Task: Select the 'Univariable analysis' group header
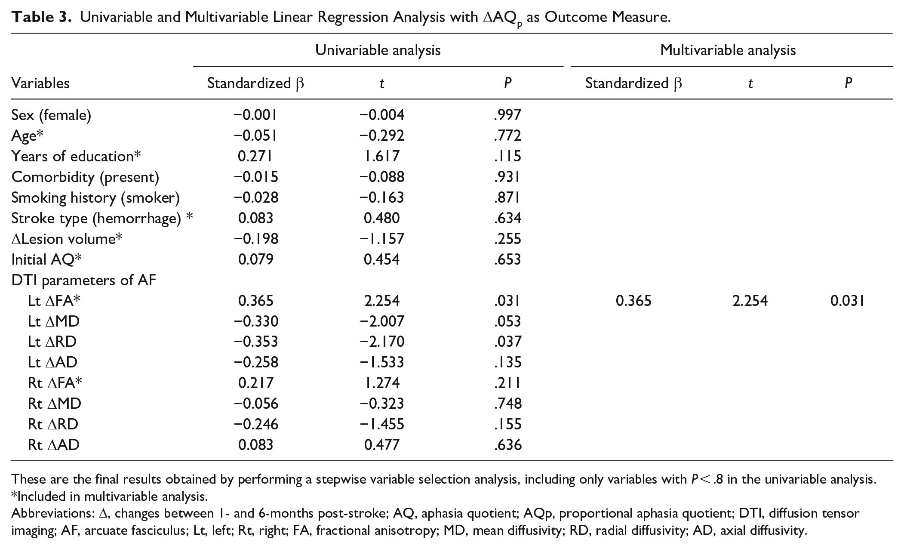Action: tap(378, 50)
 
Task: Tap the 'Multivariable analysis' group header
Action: tap(728, 50)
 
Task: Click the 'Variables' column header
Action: tap(40, 83)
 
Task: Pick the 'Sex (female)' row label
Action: tap(51, 115)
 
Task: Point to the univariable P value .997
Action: tap(507, 115)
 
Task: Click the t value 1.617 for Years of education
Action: tap(382, 156)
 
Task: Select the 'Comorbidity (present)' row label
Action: tap(85, 177)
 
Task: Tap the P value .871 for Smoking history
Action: tap(507, 197)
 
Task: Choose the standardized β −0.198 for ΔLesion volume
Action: tap(256, 239)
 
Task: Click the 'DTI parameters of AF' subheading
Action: tap(84, 280)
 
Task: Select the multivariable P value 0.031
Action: tap(848, 301)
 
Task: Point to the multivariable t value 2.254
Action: tap(750, 301)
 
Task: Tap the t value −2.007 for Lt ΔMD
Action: tap(382, 321)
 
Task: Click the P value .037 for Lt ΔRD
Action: tap(507, 342)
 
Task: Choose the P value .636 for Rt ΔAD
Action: tap(507, 445)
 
